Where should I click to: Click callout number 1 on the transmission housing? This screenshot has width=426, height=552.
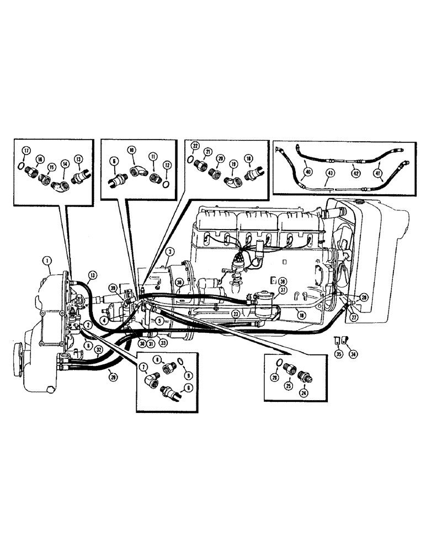tap(48, 259)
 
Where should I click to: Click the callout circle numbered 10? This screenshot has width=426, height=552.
tap(131, 150)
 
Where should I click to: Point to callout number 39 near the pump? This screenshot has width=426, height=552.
tap(113, 288)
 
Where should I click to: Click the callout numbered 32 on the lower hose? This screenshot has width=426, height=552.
tap(99, 349)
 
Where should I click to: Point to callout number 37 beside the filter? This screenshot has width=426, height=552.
tap(281, 291)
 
